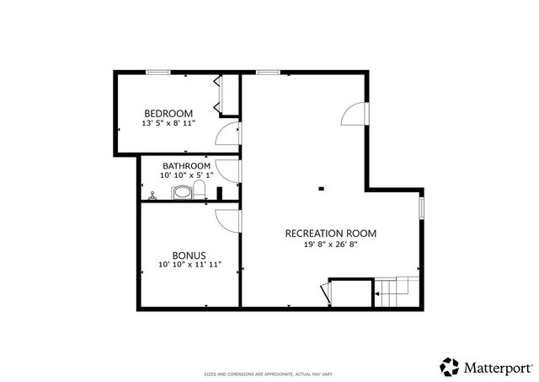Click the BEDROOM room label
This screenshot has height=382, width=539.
pos(168,113)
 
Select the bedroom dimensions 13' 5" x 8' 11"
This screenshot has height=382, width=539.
pos(168,123)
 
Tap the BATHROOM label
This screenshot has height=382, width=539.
pos(186,165)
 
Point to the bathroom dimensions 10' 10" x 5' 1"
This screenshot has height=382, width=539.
pos(186,175)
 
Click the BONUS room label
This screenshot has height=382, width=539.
pos(189,255)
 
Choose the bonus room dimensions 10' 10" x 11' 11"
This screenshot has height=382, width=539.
pos(189,265)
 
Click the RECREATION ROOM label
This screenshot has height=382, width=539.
pos(330,234)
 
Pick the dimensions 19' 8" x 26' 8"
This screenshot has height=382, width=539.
pos(330,245)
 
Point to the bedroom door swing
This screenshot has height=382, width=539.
pos(227,136)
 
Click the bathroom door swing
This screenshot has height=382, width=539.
pos(228,169)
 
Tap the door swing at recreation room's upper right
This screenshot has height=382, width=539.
pos(356,113)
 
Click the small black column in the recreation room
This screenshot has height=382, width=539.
pos(321,188)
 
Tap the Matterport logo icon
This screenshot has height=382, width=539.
pos(449,367)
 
